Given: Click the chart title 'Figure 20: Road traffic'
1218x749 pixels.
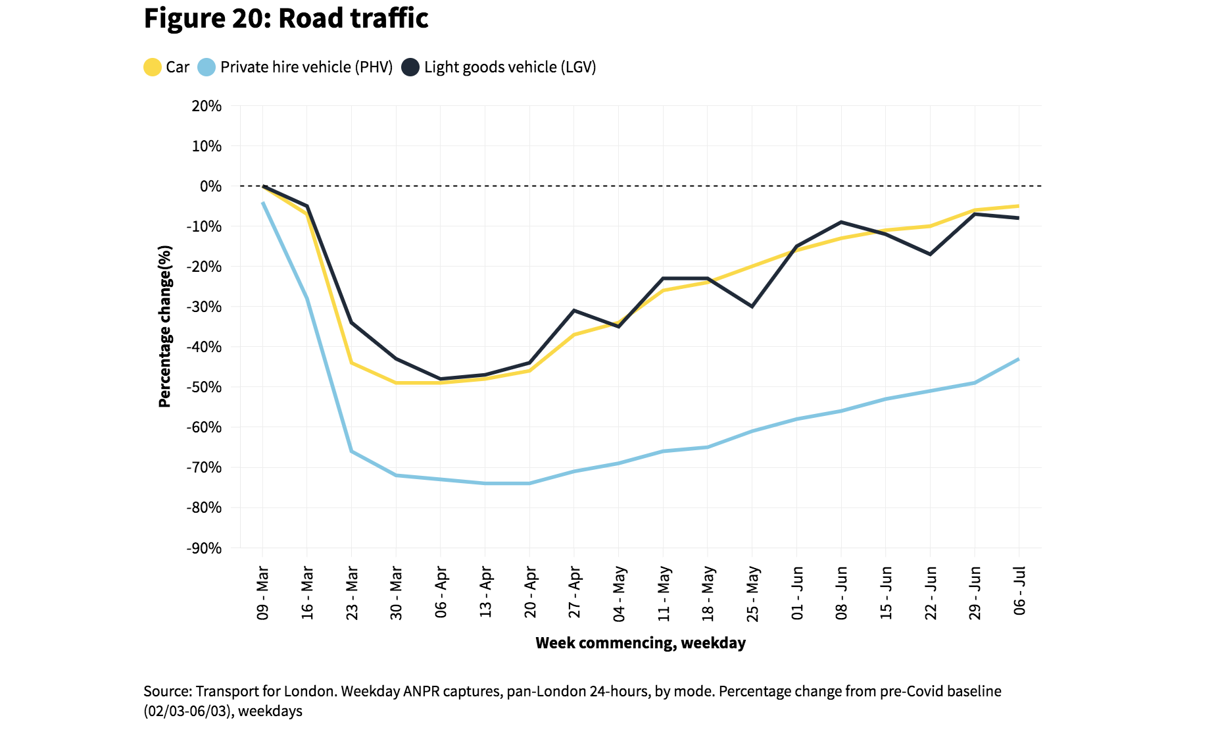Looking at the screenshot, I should (x=286, y=18).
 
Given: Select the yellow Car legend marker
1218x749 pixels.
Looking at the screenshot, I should (x=152, y=67).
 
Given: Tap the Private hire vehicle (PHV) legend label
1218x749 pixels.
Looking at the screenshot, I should (x=306, y=67).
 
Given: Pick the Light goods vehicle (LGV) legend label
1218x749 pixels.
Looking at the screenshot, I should (x=510, y=67).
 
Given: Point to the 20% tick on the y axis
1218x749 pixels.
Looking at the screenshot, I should (x=207, y=106).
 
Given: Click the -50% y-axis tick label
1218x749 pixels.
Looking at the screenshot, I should (x=205, y=387).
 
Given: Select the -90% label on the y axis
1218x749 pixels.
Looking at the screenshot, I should (x=205, y=548).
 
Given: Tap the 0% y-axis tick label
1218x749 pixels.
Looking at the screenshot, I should (x=210, y=186).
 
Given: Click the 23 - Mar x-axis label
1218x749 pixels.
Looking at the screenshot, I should (x=352, y=592).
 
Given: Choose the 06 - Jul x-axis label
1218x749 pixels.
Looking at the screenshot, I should (x=1019, y=590).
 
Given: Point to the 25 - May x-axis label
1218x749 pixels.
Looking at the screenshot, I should (x=752, y=593).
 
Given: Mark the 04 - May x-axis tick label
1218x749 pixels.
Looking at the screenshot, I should (x=619, y=593).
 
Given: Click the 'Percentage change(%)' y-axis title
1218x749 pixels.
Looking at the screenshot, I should (x=164, y=326).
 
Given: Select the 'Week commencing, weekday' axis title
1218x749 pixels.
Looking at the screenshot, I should (x=641, y=643).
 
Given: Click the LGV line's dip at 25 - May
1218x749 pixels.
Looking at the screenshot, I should (x=752, y=307).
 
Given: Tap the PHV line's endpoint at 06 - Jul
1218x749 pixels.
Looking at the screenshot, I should (x=1019, y=359).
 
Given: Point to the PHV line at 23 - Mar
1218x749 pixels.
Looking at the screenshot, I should (x=351, y=452).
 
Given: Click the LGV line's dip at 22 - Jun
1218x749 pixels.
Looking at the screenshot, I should (x=930, y=254).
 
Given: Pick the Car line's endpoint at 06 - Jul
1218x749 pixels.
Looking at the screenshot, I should (x=1019, y=206).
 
